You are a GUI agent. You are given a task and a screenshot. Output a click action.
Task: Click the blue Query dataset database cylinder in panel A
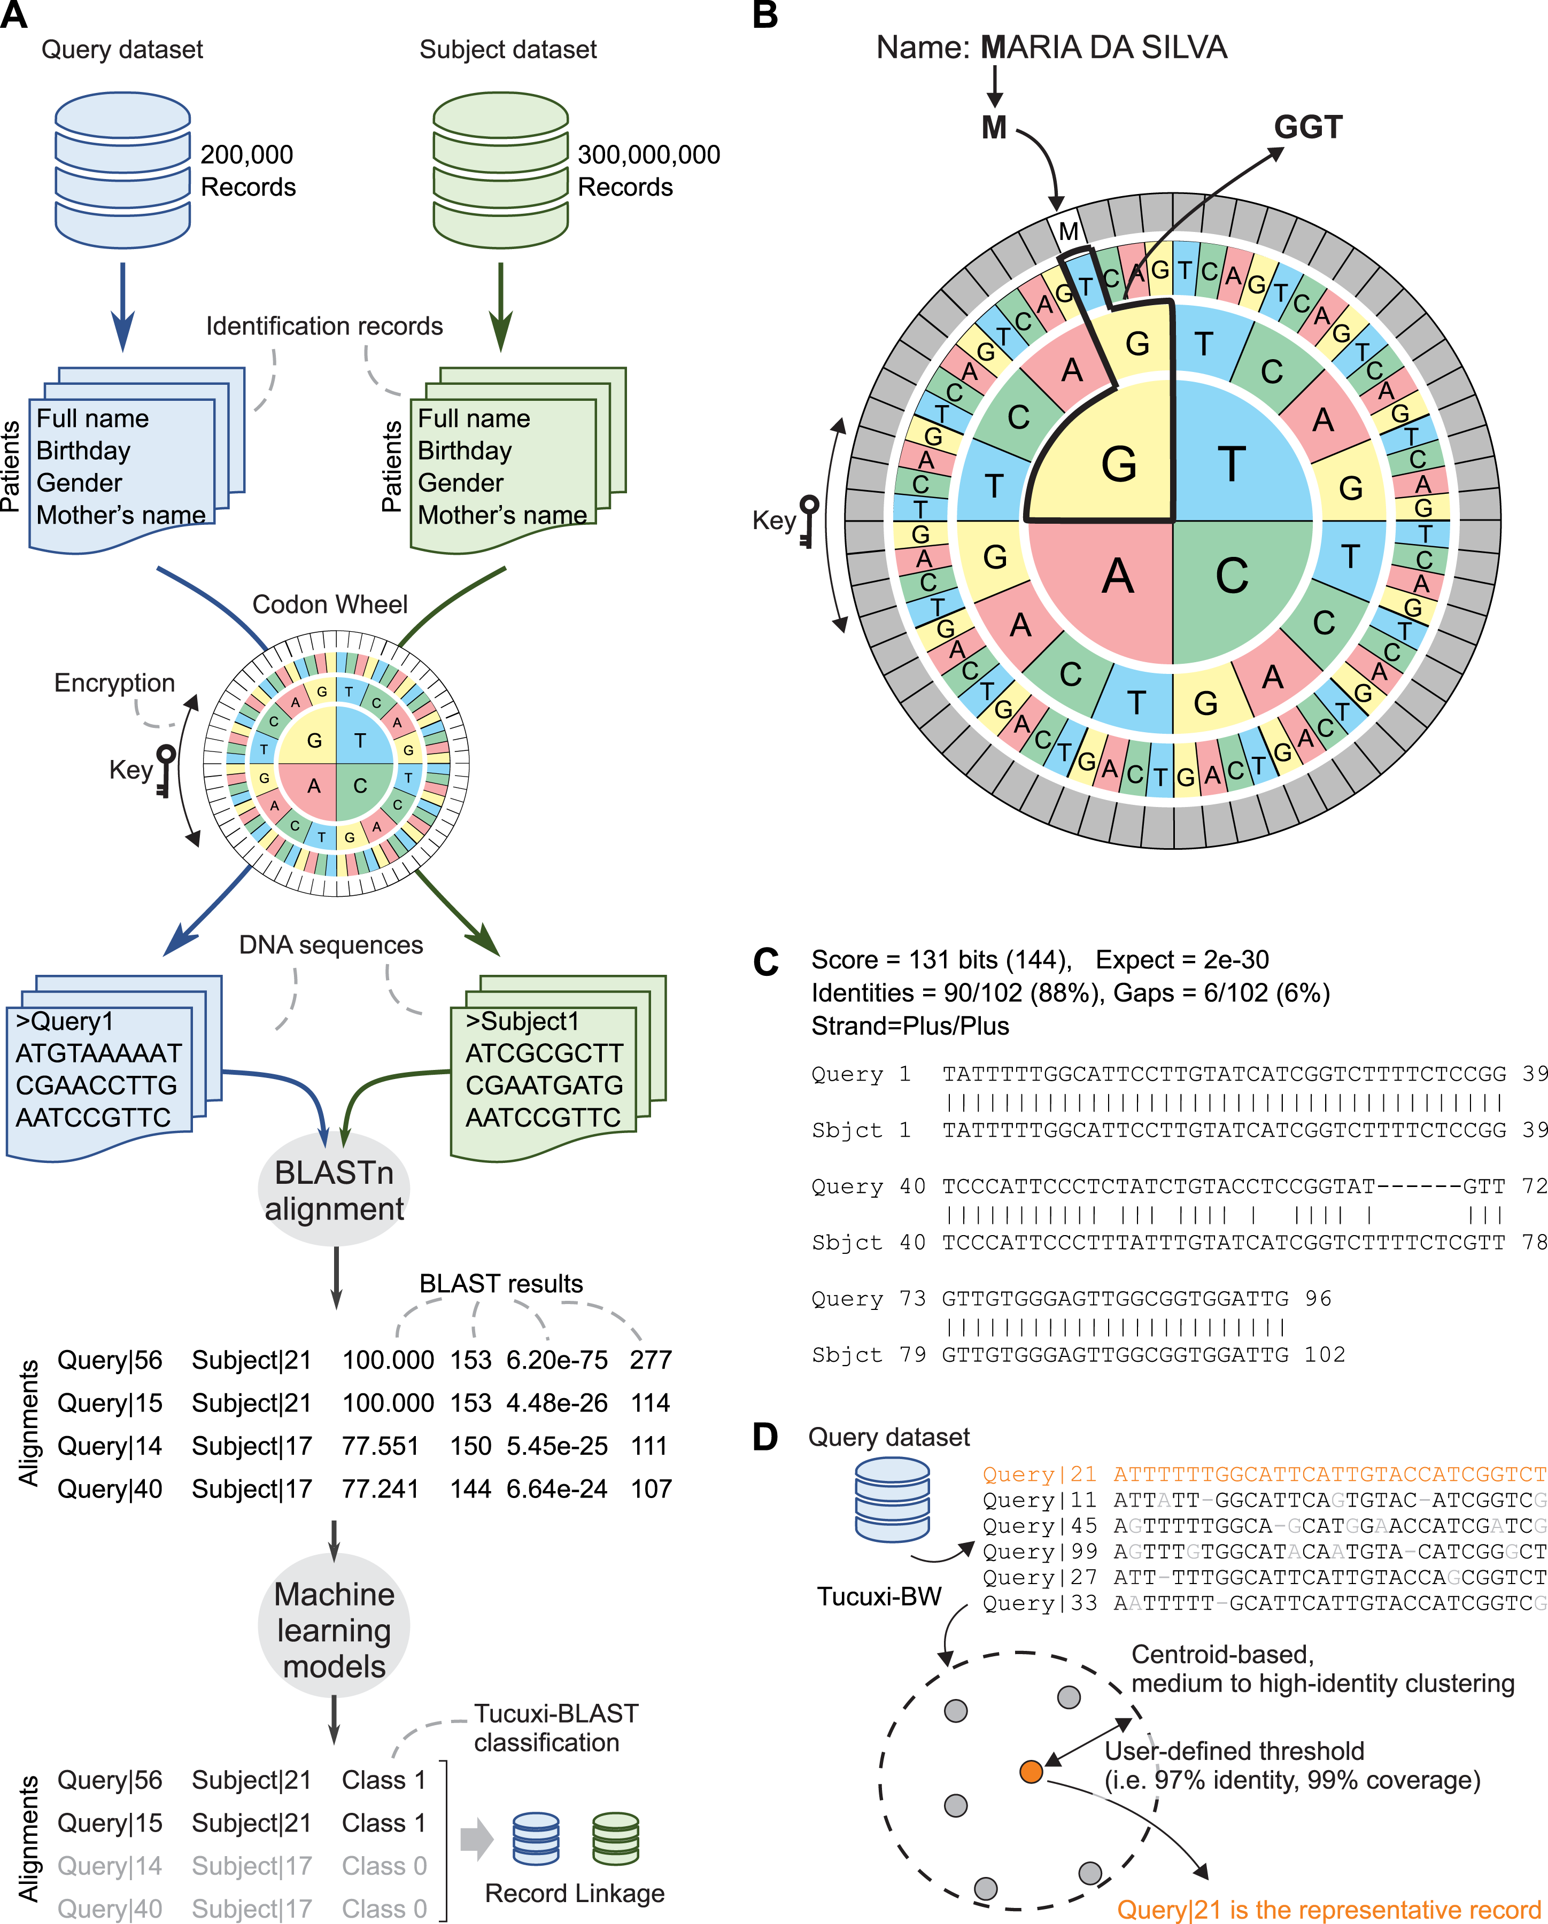[122, 169]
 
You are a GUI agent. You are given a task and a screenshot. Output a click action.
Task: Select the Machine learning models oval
[334, 1630]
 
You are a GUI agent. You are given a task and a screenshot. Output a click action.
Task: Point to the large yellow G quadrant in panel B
[1107, 455]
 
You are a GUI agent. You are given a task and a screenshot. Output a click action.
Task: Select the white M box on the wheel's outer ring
[1067, 231]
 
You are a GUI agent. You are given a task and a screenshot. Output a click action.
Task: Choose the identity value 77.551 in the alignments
[380, 1446]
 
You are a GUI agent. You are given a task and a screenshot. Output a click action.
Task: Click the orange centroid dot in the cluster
[1031, 1771]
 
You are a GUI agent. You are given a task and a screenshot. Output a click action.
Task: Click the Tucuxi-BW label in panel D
[879, 1596]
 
